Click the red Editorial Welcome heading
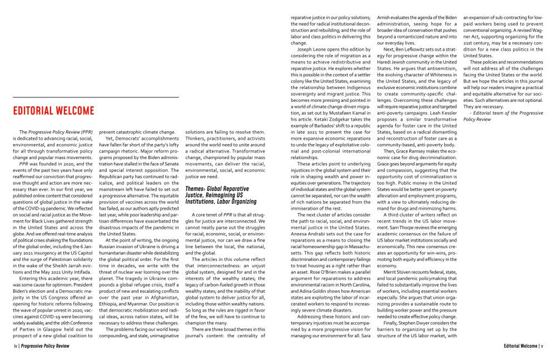[54, 110]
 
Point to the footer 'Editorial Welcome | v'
[523, 346]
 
